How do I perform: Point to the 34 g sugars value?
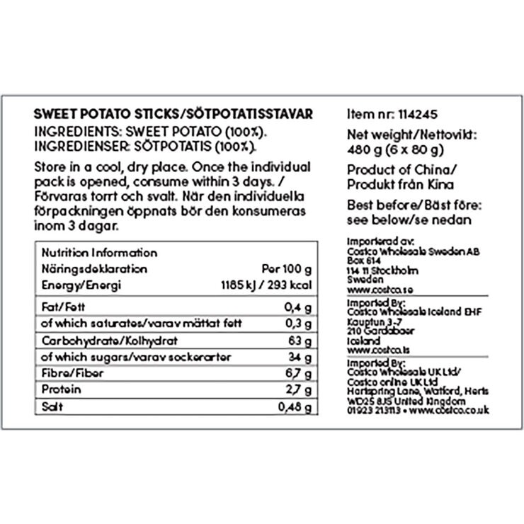[302, 356]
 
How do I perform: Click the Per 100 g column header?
[287, 269]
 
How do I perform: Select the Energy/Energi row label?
[82, 285]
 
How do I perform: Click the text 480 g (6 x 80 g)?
[396, 149]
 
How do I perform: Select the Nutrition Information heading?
[99, 253]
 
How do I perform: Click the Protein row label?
[62, 390]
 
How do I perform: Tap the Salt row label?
[54, 407]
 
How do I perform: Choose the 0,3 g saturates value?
[301, 323]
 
